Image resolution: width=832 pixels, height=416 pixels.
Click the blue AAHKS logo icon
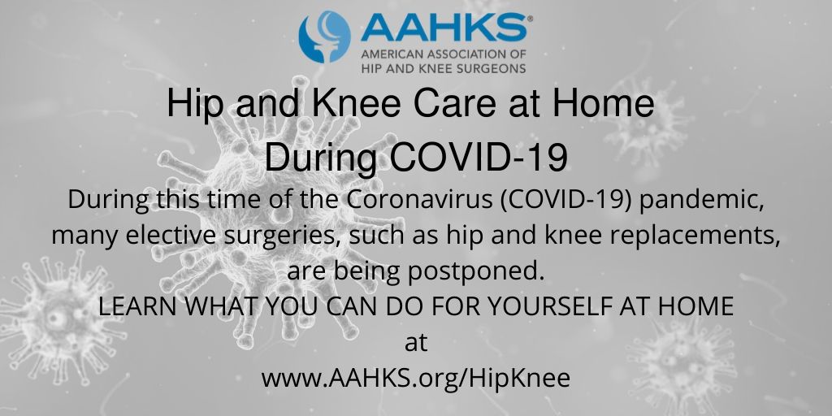[x=324, y=37]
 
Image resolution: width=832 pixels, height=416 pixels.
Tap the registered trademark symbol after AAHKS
[x=530, y=17]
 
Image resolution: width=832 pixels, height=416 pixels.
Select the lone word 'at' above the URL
[x=415, y=343]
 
